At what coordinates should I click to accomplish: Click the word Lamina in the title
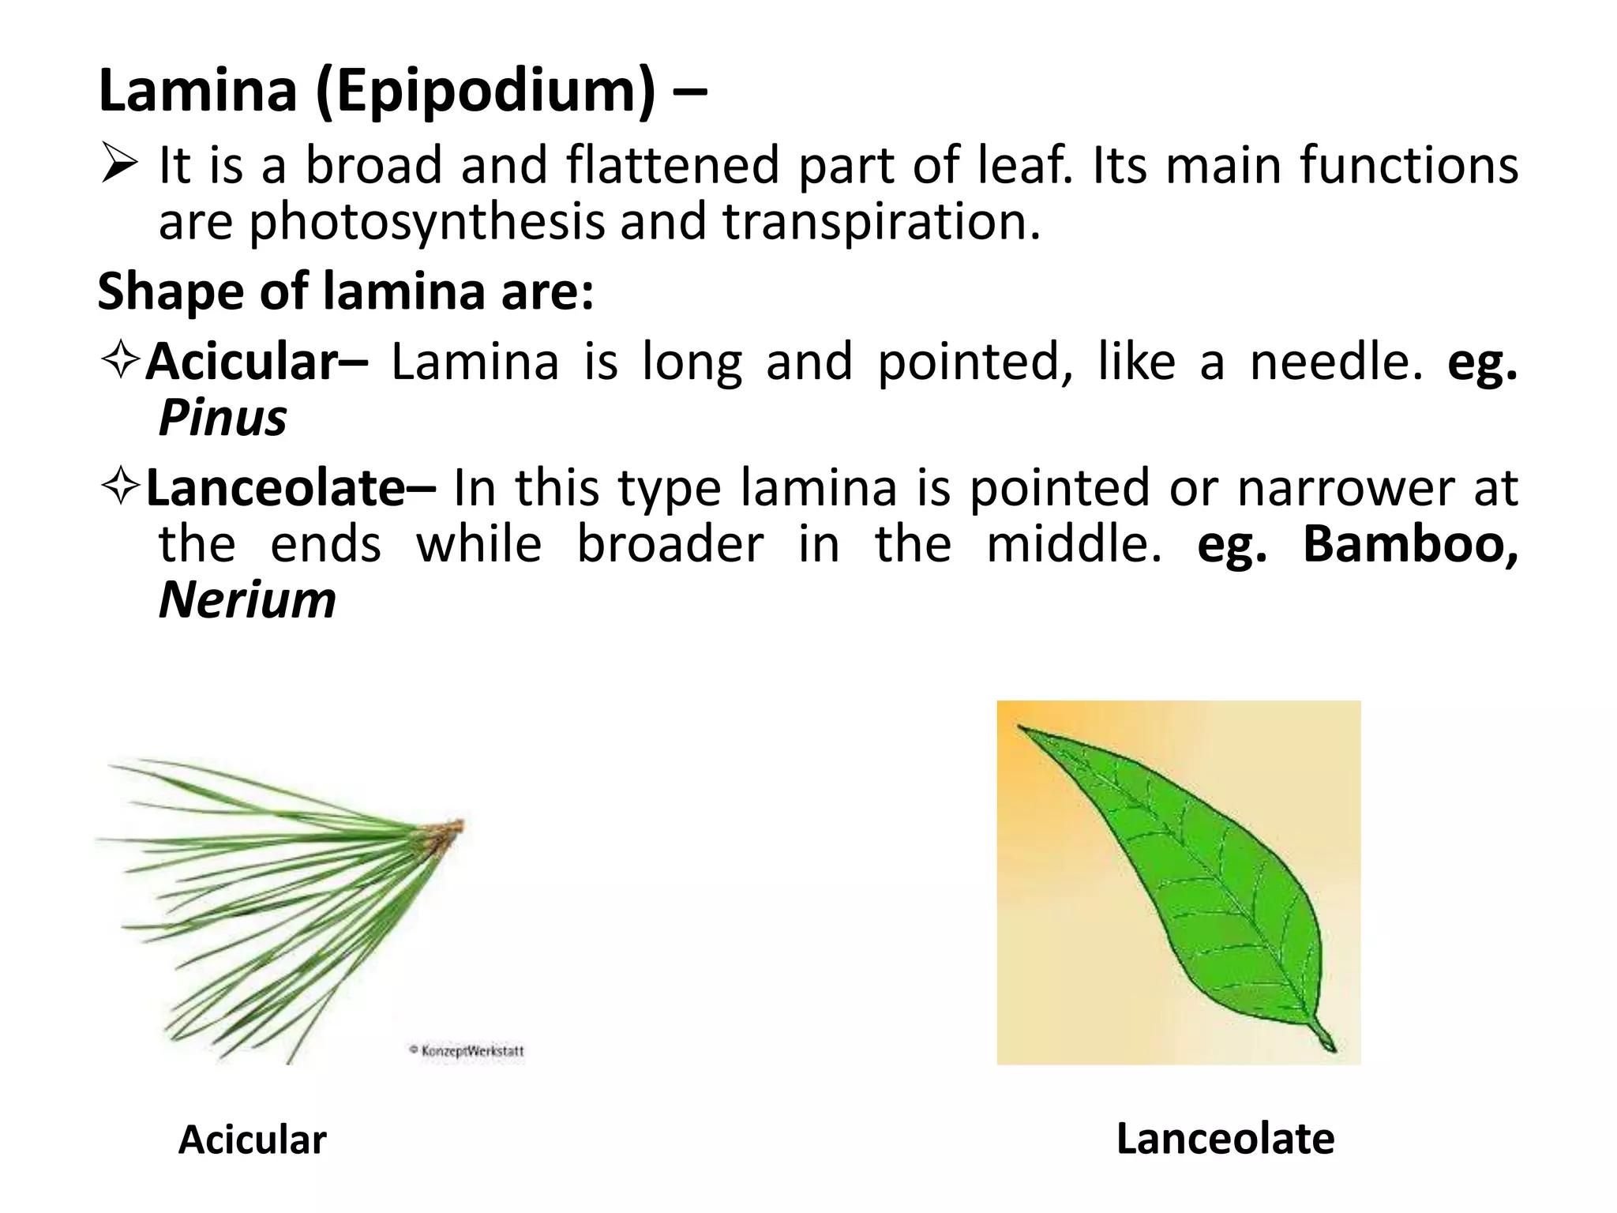[197, 91]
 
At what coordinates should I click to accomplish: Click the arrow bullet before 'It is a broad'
[120, 166]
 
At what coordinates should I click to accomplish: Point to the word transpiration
[881, 223]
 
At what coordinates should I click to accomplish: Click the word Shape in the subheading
[171, 292]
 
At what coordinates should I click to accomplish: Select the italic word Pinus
[223, 418]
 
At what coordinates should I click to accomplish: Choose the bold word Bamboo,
[1410, 544]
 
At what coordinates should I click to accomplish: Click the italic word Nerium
[247, 600]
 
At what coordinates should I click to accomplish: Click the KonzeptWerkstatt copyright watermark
[467, 1051]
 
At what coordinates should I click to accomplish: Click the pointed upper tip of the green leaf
[1022, 727]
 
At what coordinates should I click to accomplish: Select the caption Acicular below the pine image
[252, 1140]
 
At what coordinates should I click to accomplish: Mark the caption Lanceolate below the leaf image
[1225, 1139]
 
